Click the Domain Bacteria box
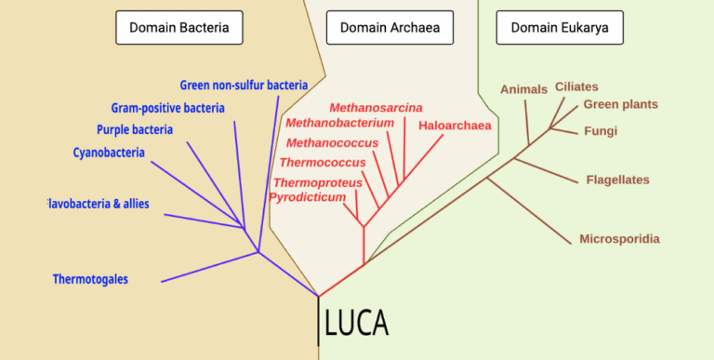(178, 28)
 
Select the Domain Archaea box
(390, 28)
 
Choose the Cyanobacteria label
(109, 153)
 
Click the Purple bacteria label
(135, 130)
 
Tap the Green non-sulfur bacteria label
(244, 86)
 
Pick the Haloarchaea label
(455, 126)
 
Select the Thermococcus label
(323, 162)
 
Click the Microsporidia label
(620, 239)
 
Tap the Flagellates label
(618, 180)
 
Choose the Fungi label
(600, 131)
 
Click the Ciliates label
(576, 87)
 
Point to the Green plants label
(620, 104)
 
